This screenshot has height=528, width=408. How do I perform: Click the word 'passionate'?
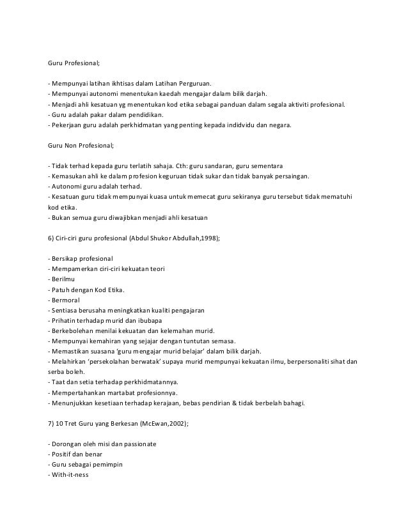140,443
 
